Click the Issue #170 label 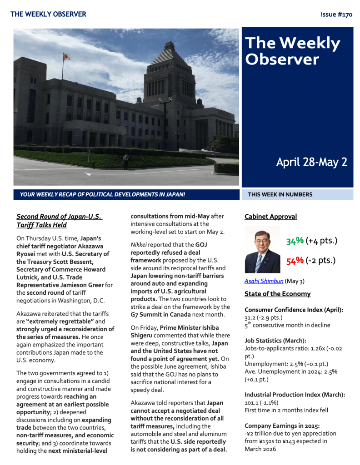point(336,15)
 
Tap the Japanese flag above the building point(66,57)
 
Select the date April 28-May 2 point(311,162)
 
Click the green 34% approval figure point(295,241)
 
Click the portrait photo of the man point(262,249)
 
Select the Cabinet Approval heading point(270,217)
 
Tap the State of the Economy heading point(277,294)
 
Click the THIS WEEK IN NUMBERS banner point(280,194)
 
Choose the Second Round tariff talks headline point(59,221)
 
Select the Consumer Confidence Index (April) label point(294,310)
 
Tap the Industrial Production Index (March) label point(295,395)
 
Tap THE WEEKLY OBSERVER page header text point(48,15)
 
